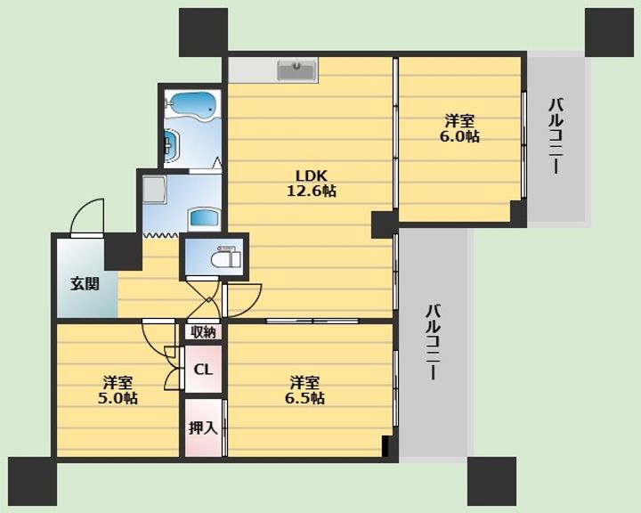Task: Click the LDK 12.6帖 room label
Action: (x=312, y=183)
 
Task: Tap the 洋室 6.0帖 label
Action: (x=459, y=128)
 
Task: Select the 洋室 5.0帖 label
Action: (x=118, y=390)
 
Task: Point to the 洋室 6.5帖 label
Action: (x=305, y=390)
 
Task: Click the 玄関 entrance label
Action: (x=85, y=283)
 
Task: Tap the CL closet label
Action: (x=203, y=370)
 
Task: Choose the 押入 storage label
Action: (x=203, y=427)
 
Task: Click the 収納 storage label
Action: (x=203, y=332)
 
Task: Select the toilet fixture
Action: (x=225, y=257)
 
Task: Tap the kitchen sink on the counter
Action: (x=296, y=70)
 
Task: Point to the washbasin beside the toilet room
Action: (x=204, y=220)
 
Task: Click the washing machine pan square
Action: (x=154, y=190)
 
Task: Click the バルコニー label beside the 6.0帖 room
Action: (x=556, y=136)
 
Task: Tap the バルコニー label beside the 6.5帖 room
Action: (x=433, y=342)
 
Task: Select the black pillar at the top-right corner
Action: (x=609, y=32)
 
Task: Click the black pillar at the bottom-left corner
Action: (x=32, y=482)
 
